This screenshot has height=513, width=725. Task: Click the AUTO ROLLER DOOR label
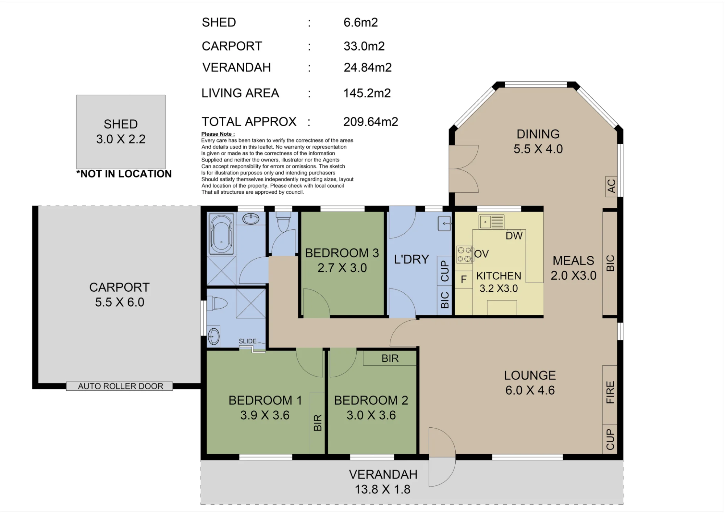click(121, 386)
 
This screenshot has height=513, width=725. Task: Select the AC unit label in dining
click(611, 186)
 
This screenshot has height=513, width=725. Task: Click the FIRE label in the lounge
click(610, 392)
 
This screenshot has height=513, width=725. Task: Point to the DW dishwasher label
click(514, 236)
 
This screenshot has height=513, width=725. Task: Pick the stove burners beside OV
click(464, 254)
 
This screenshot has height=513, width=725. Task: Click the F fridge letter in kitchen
click(464, 279)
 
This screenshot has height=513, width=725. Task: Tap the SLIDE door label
click(248, 341)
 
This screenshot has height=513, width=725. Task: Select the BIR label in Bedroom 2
click(390, 358)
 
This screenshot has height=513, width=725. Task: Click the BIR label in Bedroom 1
click(318, 423)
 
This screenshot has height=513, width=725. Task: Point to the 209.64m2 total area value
click(370, 122)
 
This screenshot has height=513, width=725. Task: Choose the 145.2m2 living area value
click(367, 93)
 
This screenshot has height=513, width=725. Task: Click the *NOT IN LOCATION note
click(124, 174)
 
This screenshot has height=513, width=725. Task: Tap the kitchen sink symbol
click(492, 221)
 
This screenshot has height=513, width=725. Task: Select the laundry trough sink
click(444, 223)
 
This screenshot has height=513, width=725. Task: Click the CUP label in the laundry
click(444, 271)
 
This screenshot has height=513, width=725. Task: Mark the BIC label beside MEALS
click(610, 263)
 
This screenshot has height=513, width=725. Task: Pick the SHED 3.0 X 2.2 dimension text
click(121, 139)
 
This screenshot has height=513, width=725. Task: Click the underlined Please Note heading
click(218, 134)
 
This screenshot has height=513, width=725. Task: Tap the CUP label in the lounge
click(610, 439)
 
